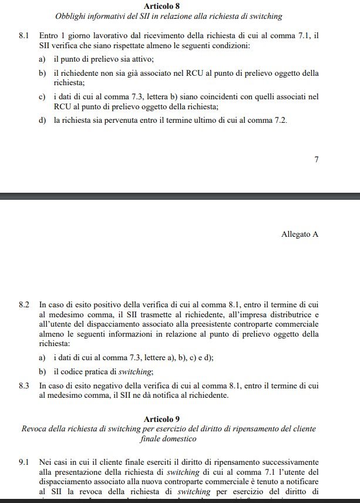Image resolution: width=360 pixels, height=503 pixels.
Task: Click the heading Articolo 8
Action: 162,6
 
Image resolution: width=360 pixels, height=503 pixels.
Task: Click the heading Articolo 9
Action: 162,419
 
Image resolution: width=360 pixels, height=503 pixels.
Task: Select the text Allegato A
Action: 300,234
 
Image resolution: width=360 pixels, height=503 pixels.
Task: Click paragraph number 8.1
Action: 24,36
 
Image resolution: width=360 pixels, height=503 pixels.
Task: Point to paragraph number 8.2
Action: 24,305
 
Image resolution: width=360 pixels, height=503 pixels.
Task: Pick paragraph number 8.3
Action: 24,385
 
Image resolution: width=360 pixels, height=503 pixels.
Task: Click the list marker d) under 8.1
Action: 42,120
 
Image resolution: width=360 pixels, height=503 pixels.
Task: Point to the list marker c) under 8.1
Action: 42,97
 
